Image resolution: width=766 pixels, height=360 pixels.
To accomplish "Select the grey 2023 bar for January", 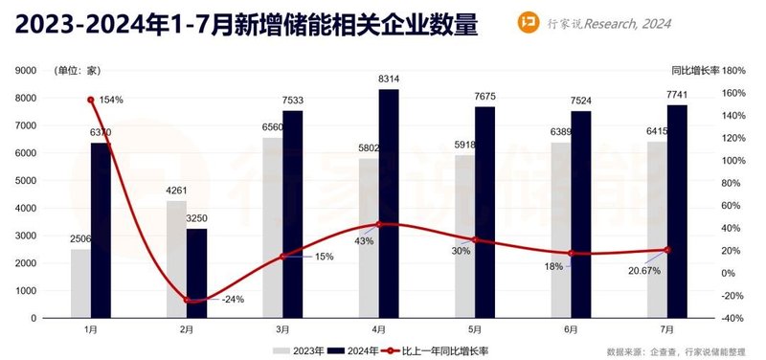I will pyautogui.click(x=80, y=283).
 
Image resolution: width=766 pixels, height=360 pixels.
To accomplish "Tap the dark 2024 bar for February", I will pyautogui.click(x=196, y=273).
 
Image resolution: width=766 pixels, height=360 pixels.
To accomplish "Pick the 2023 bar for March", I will pyautogui.click(x=273, y=227).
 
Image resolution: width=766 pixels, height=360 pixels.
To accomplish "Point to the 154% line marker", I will pyautogui.click(x=91, y=100).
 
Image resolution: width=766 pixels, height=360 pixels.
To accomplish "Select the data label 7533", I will pyautogui.click(x=293, y=101).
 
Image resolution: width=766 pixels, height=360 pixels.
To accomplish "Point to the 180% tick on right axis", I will pyautogui.click(x=733, y=71).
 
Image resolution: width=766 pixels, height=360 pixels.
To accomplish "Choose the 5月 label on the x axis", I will pyautogui.click(x=474, y=328).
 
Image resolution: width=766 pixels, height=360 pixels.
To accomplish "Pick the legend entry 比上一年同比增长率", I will pyautogui.click(x=440, y=349).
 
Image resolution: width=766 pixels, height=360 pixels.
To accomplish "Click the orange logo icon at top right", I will pyautogui.click(x=552, y=23).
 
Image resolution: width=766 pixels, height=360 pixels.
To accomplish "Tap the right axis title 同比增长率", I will pyautogui.click(x=692, y=70).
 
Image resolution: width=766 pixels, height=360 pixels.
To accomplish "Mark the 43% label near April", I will pyautogui.click(x=364, y=241).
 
